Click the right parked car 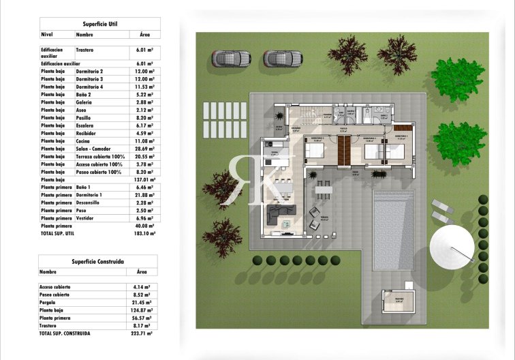283,59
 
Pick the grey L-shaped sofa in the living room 280,215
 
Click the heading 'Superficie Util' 100,23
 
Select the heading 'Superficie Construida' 97,261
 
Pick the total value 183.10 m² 144,233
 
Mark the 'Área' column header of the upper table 144,33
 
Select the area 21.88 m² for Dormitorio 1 144,195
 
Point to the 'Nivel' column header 47,33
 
